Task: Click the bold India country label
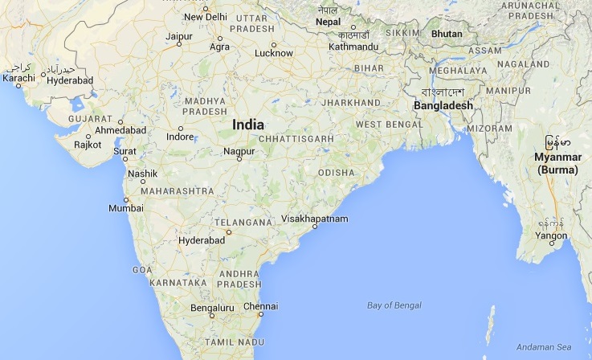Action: coord(247,125)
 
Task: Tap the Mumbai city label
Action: coord(125,208)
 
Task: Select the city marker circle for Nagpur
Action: coord(239,158)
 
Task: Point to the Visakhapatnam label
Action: coord(315,219)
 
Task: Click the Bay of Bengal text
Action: coord(394,305)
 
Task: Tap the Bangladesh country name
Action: coord(443,105)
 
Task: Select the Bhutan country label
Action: coord(447,34)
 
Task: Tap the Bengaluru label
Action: coord(212,308)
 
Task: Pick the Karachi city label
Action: coord(18,78)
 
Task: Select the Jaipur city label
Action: coord(178,37)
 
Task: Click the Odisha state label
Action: coord(336,173)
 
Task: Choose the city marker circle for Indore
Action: coord(180,129)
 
